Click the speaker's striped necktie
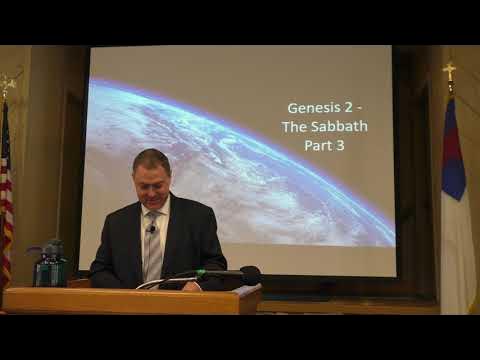(x=153, y=246)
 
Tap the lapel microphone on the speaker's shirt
(x=151, y=229)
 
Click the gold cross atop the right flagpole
(x=449, y=71)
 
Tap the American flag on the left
(x=6, y=210)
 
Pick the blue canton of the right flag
(x=453, y=150)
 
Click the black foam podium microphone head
(x=249, y=273)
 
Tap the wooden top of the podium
(x=130, y=293)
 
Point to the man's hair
(x=151, y=158)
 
